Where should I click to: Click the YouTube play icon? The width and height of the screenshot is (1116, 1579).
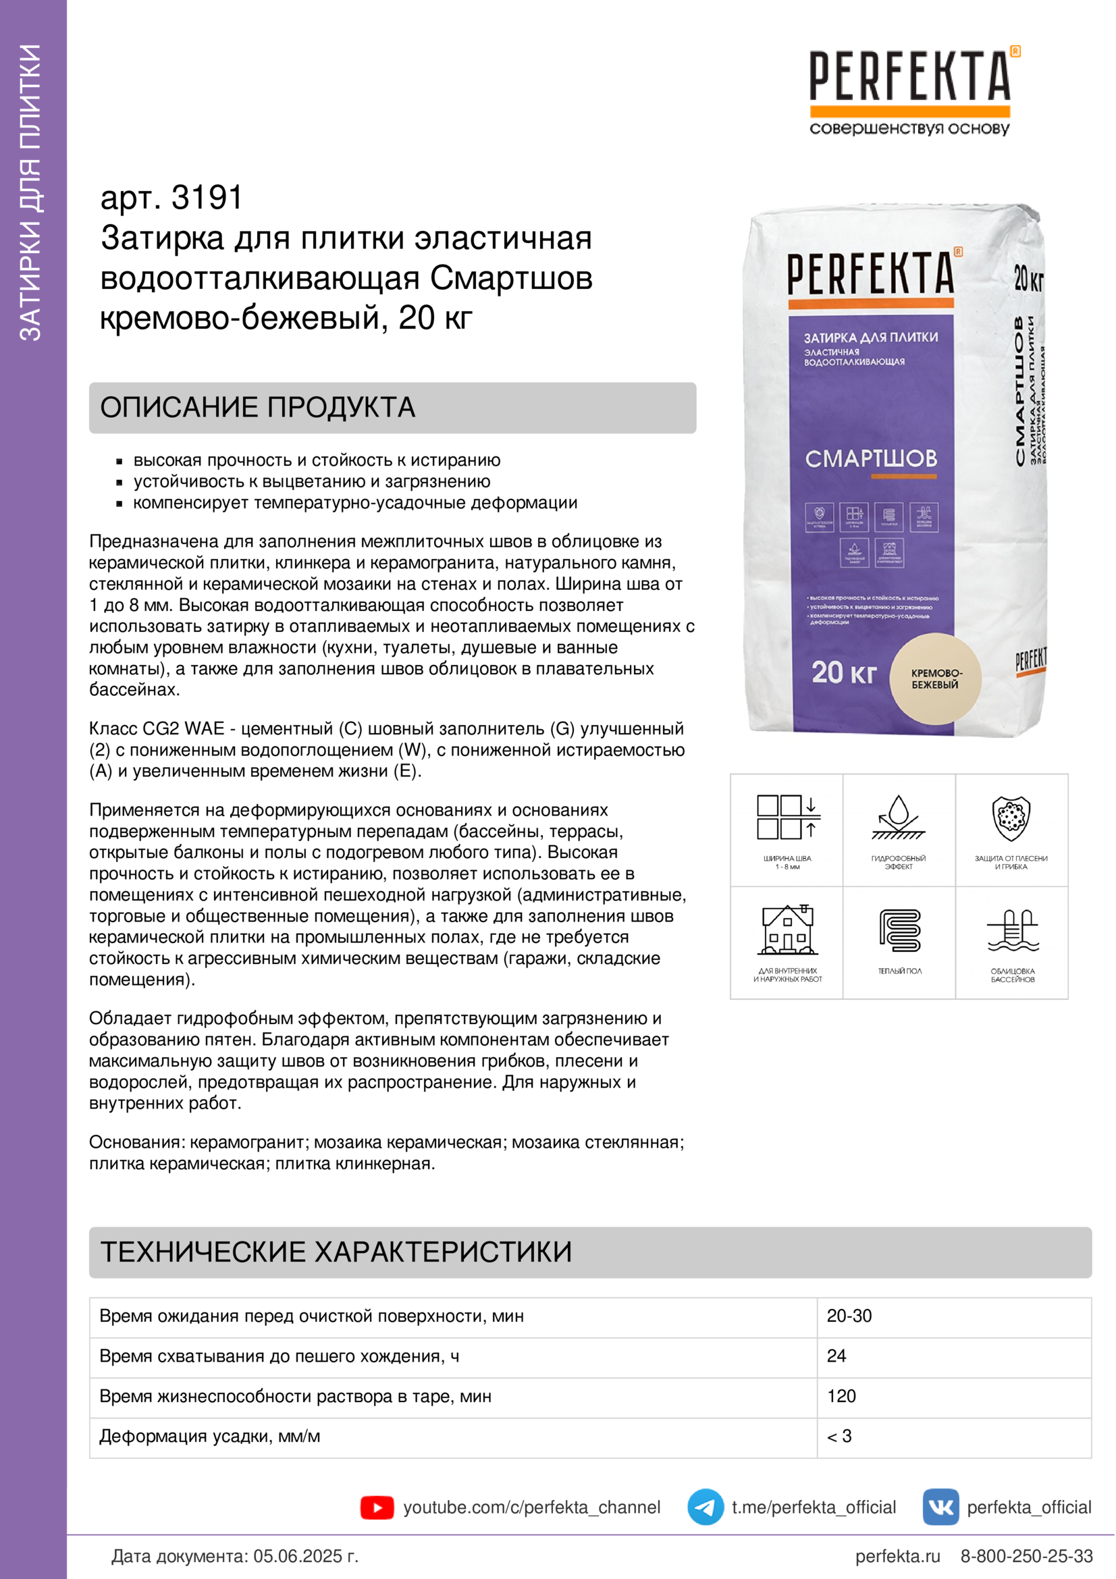click(x=377, y=1507)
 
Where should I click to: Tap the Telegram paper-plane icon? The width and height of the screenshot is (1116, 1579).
click(x=705, y=1507)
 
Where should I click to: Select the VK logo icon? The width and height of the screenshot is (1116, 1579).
click(x=940, y=1507)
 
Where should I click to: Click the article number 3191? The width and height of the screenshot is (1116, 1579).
click(x=207, y=198)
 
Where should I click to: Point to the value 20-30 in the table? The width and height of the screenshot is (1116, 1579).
click(x=849, y=1316)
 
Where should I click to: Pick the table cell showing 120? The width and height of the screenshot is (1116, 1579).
click(x=841, y=1396)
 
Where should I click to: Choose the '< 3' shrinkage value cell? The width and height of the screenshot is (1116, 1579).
click(x=839, y=1436)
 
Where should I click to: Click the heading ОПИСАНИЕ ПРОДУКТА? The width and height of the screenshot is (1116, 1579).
click(x=258, y=408)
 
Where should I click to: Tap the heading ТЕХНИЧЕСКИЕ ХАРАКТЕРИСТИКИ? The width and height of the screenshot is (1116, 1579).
click(x=336, y=1252)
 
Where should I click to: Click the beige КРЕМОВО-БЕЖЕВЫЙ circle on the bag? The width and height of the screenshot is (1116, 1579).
click(x=935, y=678)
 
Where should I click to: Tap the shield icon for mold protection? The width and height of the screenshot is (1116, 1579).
click(x=1011, y=818)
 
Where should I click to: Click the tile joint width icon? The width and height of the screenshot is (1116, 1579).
click(x=788, y=818)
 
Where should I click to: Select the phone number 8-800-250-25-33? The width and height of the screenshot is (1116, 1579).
click(x=1026, y=1556)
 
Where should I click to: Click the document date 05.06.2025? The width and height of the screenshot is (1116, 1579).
click(x=306, y=1556)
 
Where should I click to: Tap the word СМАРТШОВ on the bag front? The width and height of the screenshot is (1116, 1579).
click(x=870, y=458)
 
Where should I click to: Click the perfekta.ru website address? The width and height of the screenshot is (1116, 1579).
click(x=897, y=1556)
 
